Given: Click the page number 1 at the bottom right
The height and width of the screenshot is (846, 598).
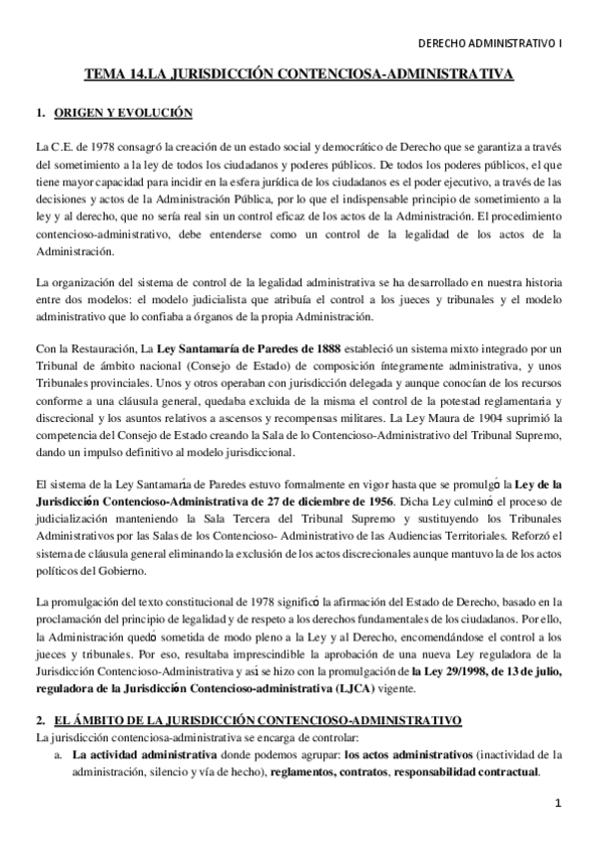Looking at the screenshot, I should coord(559,803).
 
